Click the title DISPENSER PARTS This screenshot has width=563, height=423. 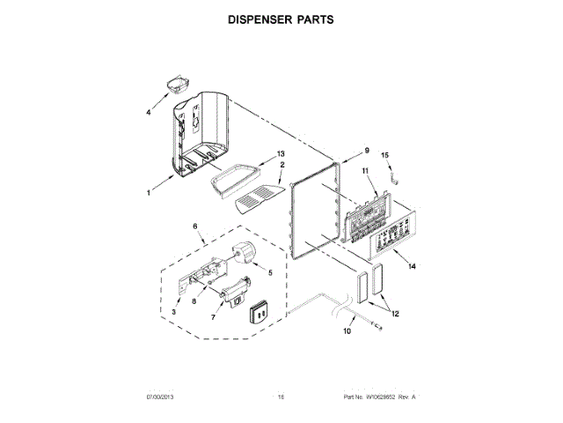tap(281, 19)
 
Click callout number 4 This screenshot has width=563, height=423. tap(149, 113)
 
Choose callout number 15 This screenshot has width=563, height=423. tap(384, 156)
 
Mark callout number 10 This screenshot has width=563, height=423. tap(347, 332)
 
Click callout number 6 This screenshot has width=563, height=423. tap(194, 226)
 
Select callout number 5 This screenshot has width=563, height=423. tap(269, 273)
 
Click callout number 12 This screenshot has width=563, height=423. tap(394, 313)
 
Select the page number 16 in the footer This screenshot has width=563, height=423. tap(281, 397)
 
